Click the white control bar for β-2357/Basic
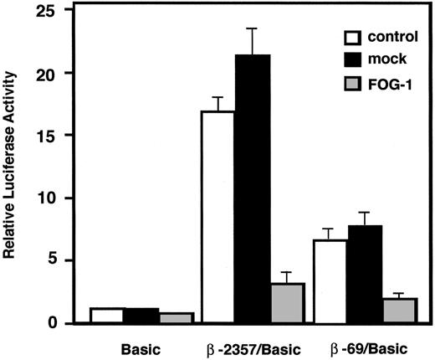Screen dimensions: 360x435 (217, 217)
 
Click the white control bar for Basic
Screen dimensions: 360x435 (106, 316)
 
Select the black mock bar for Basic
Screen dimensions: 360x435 (141, 316)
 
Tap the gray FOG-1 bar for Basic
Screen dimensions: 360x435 (176, 318)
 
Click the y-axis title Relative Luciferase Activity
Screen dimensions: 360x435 (13, 167)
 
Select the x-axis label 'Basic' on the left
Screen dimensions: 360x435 (141, 346)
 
